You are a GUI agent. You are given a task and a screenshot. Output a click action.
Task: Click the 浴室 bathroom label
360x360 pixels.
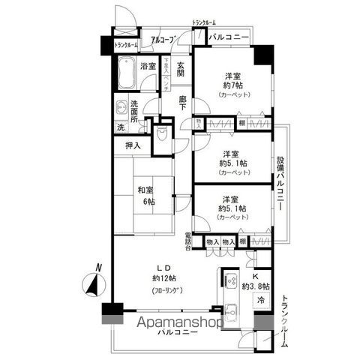pos(148,66)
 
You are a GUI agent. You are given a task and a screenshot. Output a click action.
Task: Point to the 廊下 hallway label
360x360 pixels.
pos(183,103)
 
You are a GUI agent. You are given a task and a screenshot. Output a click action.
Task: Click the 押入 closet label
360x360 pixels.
pos(133,146)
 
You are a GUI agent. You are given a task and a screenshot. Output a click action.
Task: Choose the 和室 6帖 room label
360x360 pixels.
pos(145,196)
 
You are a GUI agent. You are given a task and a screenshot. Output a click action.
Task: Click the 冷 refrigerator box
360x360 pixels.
pos(261,300)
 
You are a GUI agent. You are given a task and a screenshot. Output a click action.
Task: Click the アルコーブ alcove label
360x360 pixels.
pos(163,39)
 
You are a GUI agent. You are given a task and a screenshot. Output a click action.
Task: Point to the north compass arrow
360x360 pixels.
pos(93,283)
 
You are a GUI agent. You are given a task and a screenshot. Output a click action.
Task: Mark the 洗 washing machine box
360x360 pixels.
pos(120,126)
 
